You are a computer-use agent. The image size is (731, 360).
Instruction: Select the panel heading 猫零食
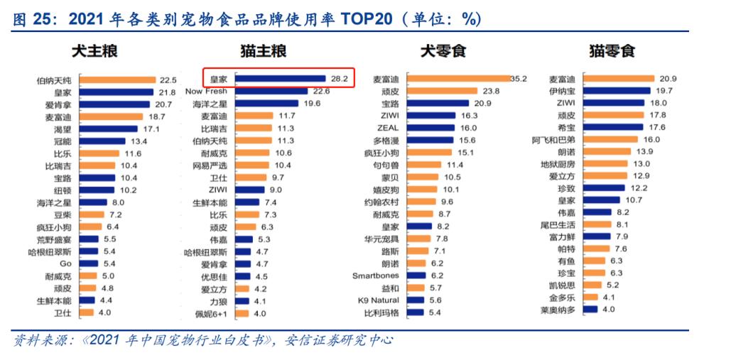[612, 51]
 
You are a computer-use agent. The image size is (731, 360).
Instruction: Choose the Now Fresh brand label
[206, 91]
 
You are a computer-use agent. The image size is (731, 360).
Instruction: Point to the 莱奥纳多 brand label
[558, 310]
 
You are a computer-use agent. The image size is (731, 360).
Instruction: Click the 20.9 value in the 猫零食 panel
[668, 79]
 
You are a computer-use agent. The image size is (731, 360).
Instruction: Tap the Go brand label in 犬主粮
[65, 263]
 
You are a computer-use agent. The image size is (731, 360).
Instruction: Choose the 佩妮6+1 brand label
[212, 313]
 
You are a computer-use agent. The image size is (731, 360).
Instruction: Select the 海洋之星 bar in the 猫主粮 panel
[266, 104]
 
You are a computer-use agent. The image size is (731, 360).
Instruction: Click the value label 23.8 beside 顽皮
[492, 91]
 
